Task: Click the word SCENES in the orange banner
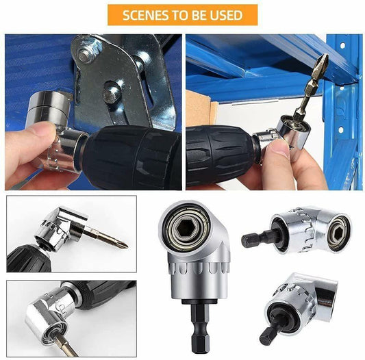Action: tap(144, 15)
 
